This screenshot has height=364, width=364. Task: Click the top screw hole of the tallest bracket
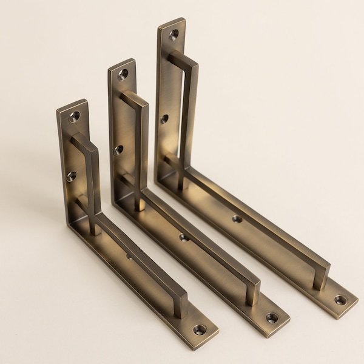pyautogui.click(x=174, y=35)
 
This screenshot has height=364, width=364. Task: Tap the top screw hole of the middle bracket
pyautogui.click(x=123, y=75)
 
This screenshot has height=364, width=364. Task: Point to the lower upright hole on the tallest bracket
pyautogui.click(x=164, y=119)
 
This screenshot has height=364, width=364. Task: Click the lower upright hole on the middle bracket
pyautogui.click(x=118, y=149)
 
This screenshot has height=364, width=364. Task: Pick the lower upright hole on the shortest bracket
pyautogui.click(x=72, y=176)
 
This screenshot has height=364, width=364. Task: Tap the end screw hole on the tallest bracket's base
pyautogui.click(x=340, y=300)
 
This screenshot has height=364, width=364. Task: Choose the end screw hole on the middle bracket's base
pyautogui.click(x=272, y=317)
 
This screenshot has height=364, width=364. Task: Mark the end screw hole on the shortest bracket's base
pyautogui.click(x=199, y=330)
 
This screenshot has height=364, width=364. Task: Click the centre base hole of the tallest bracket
pyautogui.click(x=237, y=219)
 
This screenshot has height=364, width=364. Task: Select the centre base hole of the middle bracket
pyautogui.click(x=184, y=237)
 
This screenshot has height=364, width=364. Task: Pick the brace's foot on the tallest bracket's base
pyautogui.click(x=320, y=283)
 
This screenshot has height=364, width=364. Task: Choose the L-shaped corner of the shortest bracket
pyautogui.click(x=72, y=224)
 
